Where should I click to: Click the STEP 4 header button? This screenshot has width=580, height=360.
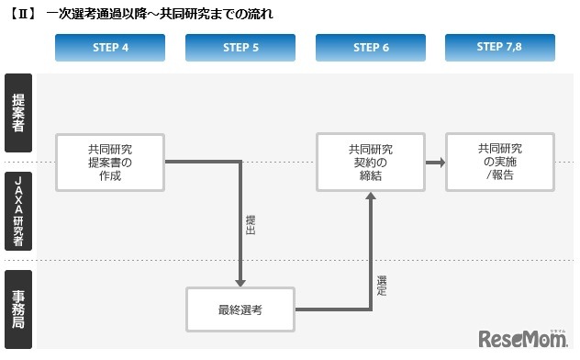coord(110,48)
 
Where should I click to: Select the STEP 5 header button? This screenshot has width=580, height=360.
coord(240,48)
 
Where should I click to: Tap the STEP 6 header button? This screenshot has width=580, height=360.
coord(371,48)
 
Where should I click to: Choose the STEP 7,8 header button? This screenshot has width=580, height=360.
coord(499,48)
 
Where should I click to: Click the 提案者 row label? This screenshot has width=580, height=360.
coord(18,113)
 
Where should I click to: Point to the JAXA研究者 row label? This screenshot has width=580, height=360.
coord(18,210)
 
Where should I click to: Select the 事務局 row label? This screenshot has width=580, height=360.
coord(18,309)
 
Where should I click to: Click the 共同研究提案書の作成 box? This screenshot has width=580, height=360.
coord(110,163)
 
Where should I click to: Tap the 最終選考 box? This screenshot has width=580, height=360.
coord(240,309)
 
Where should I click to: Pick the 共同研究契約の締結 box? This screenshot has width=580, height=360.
coord(371,163)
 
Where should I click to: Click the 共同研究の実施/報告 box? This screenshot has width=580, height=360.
coord(499,163)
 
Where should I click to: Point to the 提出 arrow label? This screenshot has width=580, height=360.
coord(251,226)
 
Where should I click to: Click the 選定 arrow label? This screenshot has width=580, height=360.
coord(382,285)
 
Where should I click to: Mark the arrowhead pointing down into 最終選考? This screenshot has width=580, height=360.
coord(240,281)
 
